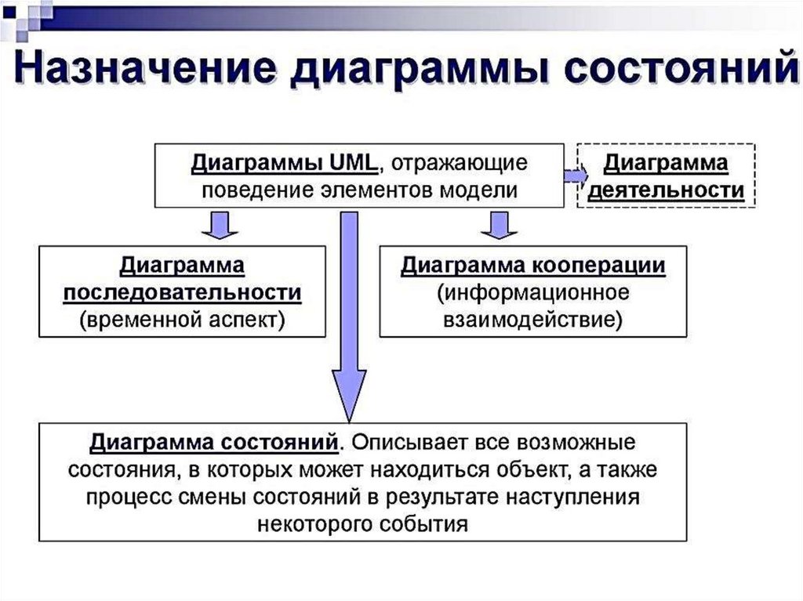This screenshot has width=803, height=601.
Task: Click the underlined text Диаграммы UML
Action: (284, 164)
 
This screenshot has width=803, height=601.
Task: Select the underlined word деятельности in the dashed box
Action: (666, 190)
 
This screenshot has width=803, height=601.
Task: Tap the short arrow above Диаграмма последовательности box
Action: (220, 225)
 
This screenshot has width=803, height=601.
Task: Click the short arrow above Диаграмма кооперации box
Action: (500, 225)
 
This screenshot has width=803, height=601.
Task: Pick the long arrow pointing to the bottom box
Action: (349, 317)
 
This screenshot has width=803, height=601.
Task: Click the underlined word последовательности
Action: (182, 293)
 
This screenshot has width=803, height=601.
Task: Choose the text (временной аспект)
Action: (182, 320)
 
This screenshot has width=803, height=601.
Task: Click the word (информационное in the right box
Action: (533, 293)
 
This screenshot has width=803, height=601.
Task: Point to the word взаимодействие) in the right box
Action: (533, 320)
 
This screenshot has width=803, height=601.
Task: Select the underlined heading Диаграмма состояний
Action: (214, 442)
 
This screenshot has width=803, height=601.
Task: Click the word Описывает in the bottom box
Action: (412, 442)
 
